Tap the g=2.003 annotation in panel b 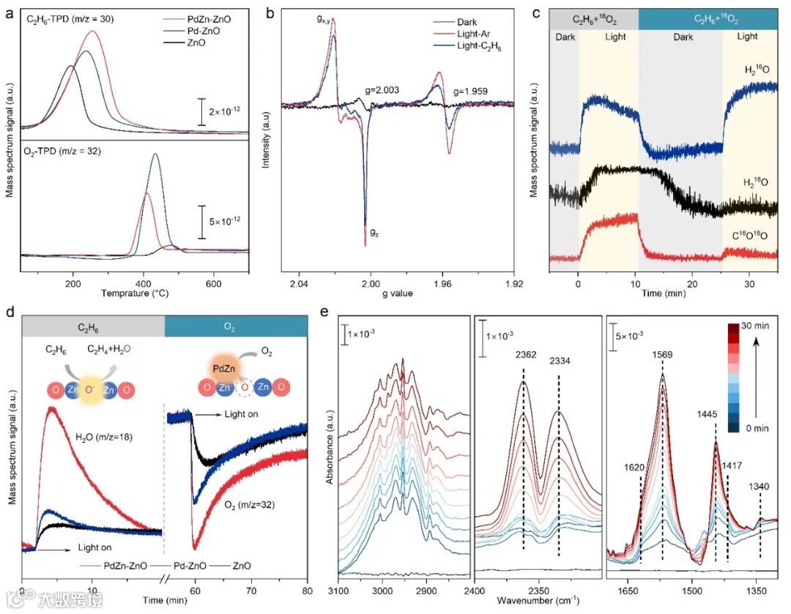[379, 91]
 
